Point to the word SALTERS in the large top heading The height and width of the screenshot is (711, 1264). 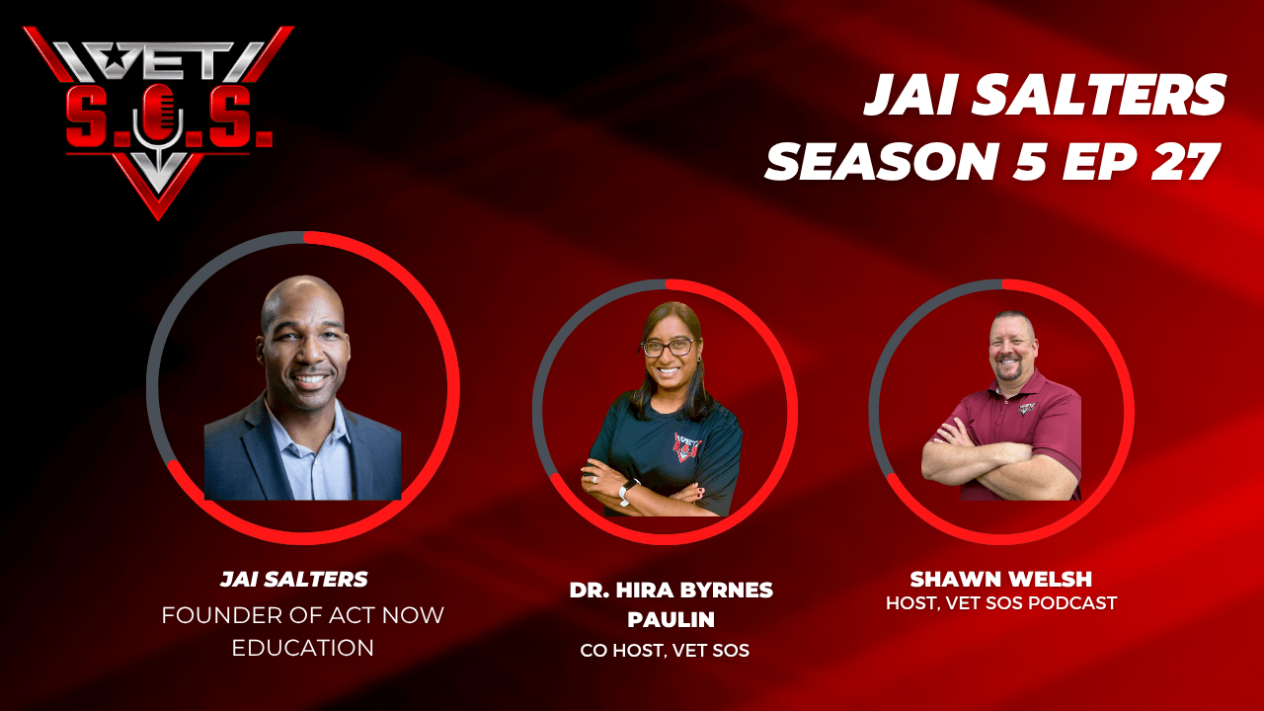click(x=1098, y=94)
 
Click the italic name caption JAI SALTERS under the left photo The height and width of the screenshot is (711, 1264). click(x=294, y=580)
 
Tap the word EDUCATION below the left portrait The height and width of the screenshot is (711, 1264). click(x=302, y=648)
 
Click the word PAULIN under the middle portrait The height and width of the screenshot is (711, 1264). click(x=671, y=619)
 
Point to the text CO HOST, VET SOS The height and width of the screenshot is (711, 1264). click(x=665, y=651)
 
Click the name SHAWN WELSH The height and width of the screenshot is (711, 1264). click(x=1001, y=579)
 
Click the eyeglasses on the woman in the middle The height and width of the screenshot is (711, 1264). click(x=669, y=347)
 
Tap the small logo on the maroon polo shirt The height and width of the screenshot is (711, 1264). click(x=1028, y=408)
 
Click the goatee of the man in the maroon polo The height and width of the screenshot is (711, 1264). click(x=1010, y=371)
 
